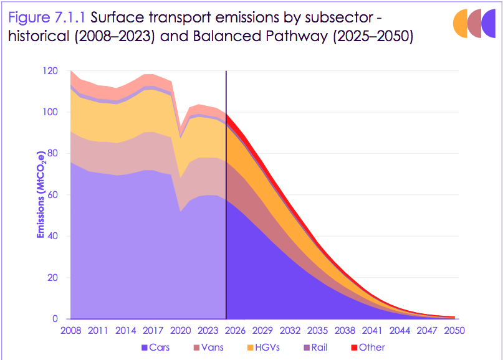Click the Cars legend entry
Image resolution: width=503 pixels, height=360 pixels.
[156, 347]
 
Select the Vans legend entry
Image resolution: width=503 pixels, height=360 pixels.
[210, 347]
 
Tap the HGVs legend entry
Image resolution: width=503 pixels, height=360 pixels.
[266, 347]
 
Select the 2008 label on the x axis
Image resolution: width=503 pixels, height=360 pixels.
[71, 330]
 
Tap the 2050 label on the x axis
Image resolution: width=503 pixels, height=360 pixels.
[454, 330]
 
